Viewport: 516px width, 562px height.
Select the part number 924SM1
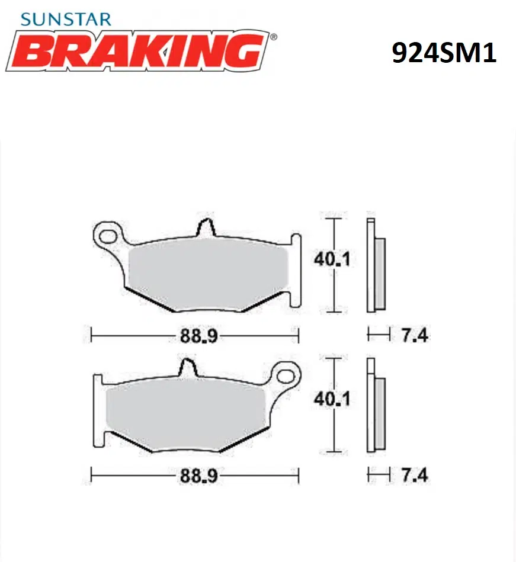pos(444,53)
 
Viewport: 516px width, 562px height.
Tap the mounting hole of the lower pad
pos(287,376)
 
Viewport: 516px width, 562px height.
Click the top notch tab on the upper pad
pos(205,227)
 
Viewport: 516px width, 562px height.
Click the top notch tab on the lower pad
pos(187,368)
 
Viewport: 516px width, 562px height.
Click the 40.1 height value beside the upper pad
pos(332,259)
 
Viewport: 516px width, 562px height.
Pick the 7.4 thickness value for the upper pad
pos(415,336)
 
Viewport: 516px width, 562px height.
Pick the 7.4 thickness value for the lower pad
pos(415,475)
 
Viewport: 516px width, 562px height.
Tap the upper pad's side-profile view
pos(376,265)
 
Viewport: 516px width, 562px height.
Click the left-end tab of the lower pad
pos(98,409)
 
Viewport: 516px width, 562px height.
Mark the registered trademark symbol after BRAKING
pos(273,37)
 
